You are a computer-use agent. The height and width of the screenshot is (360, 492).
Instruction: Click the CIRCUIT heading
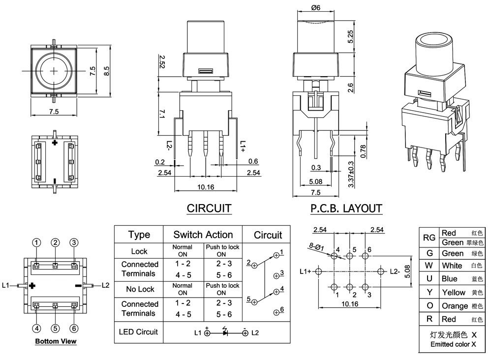(x=209, y=209)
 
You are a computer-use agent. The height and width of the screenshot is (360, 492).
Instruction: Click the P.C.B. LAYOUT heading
(x=346, y=209)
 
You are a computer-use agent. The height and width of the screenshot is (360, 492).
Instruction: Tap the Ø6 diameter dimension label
(x=316, y=7)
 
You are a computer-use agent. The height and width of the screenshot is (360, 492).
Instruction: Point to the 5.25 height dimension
(x=350, y=36)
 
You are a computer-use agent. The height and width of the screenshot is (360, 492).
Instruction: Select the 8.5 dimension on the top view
(x=106, y=71)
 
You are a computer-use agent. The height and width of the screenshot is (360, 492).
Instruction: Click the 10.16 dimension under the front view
(x=206, y=187)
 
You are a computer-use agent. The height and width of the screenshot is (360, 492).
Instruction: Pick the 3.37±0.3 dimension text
(x=351, y=175)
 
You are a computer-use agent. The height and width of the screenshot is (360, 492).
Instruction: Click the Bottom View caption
(x=56, y=341)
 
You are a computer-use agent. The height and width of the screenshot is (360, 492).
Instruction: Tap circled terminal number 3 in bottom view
(x=74, y=242)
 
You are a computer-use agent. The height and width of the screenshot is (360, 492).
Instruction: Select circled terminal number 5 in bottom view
(x=55, y=329)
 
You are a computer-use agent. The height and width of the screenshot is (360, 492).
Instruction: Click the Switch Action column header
(x=203, y=235)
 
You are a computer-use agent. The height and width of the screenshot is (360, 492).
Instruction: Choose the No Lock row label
(x=140, y=289)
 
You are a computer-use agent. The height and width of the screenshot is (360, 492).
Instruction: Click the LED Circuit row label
(x=138, y=332)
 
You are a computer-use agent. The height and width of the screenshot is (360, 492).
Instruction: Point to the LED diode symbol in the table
(x=225, y=332)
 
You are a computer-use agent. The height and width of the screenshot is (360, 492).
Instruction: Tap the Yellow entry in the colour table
(x=454, y=292)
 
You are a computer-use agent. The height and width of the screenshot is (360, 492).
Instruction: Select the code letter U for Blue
(x=429, y=278)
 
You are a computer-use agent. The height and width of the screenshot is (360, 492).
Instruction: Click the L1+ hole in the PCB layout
(x=318, y=271)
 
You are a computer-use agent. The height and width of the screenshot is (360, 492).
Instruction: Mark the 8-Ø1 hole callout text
(x=316, y=247)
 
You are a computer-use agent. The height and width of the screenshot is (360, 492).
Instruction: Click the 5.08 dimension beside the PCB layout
(x=407, y=271)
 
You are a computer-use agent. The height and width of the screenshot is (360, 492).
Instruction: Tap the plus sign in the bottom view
(x=32, y=286)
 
